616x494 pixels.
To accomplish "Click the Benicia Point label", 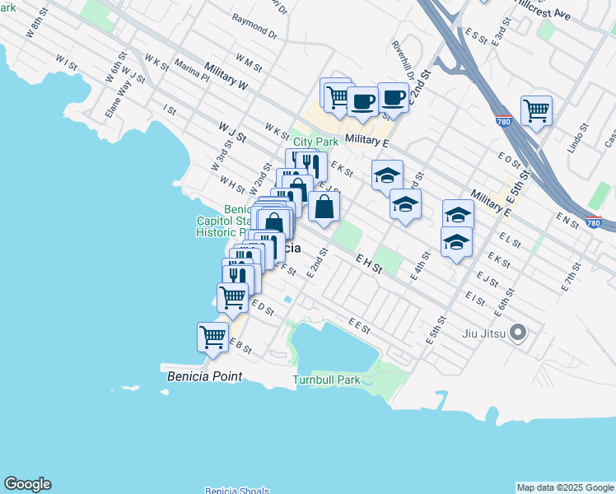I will pyautogui.click(x=205, y=376).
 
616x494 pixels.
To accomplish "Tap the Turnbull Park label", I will pyautogui.click(x=326, y=380).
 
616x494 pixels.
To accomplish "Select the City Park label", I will pyautogui.click(x=315, y=142).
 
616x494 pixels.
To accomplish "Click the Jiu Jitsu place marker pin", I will pyautogui.click(x=518, y=333).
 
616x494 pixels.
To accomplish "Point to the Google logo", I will pyautogui.click(x=27, y=484).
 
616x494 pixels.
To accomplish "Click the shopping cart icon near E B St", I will pyautogui.click(x=213, y=338).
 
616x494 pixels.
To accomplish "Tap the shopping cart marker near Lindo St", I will pyautogui.click(x=536, y=110).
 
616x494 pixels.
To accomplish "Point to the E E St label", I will pyautogui.click(x=356, y=325).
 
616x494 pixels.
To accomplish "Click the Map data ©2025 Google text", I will pyautogui.click(x=565, y=487).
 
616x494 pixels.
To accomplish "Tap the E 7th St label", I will pyautogui.click(x=572, y=279).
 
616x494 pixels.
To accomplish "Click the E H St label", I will pyautogui.click(x=370, y=262).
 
